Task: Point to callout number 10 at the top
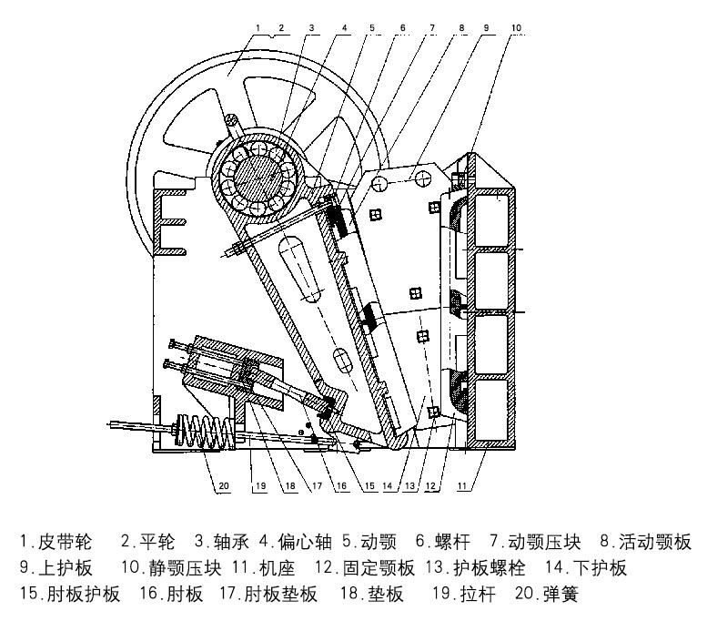(x=517, y=28)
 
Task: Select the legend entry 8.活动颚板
(x=645, y=543)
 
